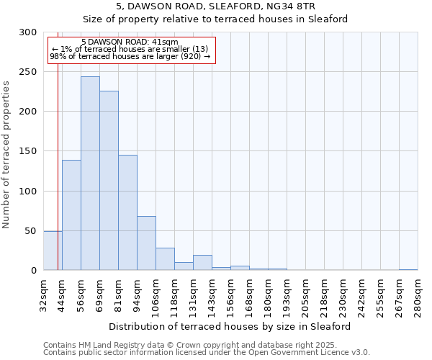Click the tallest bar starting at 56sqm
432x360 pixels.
[90, 174]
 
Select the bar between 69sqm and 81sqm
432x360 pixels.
[109, 181]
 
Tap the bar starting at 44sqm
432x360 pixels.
[71, 215]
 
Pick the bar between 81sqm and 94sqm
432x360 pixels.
[127, 212]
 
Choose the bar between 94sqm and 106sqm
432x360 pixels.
[146, 243]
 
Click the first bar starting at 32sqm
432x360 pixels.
[53, 251]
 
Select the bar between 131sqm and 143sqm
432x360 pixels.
[202, 263]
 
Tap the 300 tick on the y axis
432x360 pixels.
[28, 32]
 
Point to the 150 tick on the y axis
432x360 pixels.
[28, 151]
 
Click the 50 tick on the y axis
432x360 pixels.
[31, 231]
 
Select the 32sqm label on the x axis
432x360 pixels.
[43, 293]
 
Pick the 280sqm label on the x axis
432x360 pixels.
[418, 293]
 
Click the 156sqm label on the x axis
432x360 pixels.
[230, 293]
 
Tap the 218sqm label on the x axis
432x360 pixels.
[324, 293]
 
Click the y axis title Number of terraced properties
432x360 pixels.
[6, 155]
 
